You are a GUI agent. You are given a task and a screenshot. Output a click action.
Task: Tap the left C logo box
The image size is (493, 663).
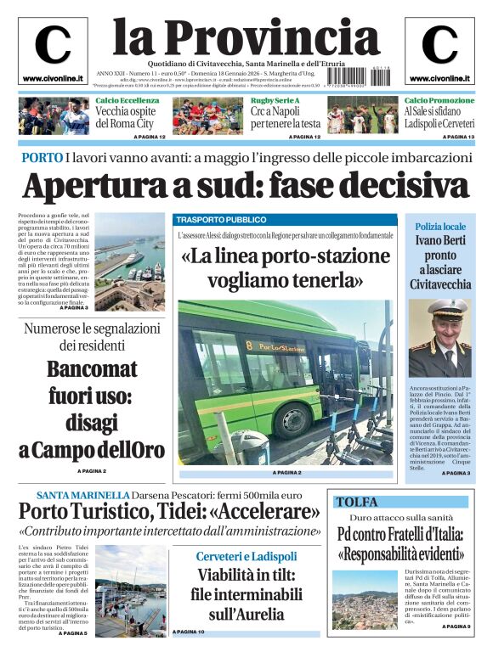coord(53,50)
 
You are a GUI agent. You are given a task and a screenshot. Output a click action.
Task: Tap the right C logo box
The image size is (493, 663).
coord(439,50)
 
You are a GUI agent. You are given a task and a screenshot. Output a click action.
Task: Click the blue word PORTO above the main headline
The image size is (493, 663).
coord(42,158)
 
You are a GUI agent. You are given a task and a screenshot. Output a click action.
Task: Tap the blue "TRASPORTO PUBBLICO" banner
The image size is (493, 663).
coord(286,219)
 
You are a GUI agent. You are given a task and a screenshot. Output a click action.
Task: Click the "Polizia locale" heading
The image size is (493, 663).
coord(440,227)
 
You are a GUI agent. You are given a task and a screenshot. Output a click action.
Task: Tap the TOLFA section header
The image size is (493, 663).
coord(357,502)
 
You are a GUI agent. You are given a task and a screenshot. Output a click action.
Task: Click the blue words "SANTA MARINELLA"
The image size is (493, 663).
coord(82,495)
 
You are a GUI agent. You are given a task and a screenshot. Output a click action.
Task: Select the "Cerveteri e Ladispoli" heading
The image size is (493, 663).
coord(246,556)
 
